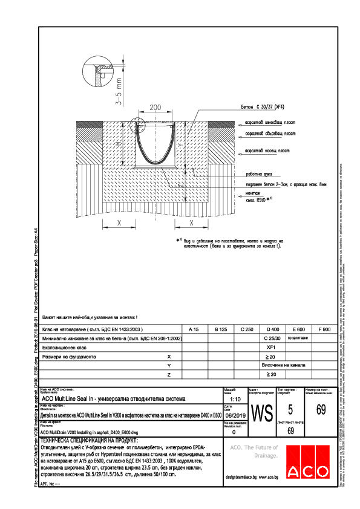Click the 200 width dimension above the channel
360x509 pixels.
(155, 107)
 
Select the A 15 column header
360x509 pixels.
(194, 329)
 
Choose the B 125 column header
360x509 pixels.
(221, 329)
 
